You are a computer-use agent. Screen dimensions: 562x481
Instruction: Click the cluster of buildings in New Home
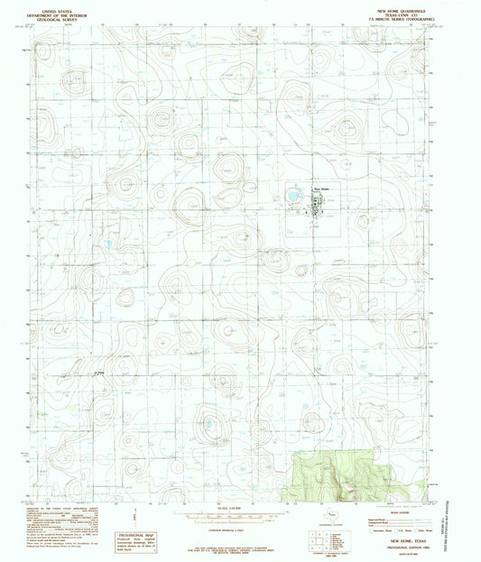316,204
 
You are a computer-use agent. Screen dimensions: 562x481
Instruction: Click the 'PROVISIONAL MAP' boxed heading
140,535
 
